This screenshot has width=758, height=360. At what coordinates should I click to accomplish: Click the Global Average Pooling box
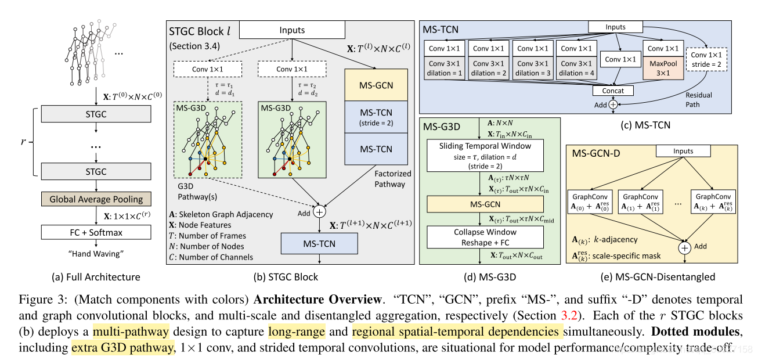pos(96,199)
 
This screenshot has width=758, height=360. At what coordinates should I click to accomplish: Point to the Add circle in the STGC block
pos(320,212)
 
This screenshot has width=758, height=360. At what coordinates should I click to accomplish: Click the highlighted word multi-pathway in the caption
pos(131,332)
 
